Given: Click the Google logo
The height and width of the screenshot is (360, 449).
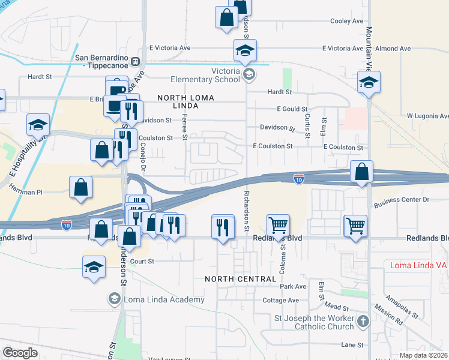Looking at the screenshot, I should (x=20, y=353).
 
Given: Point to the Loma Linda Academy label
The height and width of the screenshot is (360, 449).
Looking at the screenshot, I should (x=164, y=299).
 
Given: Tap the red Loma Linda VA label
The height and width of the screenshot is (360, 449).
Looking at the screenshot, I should (x=418, y=265).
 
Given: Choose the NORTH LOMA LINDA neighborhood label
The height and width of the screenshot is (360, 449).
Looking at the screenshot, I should (x=182, y=102).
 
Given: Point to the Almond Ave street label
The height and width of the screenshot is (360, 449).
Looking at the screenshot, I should (x=393, y=48).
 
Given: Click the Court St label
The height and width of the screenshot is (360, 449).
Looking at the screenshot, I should (x=142, y=261).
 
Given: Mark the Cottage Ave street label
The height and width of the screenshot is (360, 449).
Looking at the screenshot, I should (x=280, y=300).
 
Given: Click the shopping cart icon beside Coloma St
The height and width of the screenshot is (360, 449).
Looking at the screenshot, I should (x=278, y=226).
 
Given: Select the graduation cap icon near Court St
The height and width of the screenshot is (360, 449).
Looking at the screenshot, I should (x=94, y=266).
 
